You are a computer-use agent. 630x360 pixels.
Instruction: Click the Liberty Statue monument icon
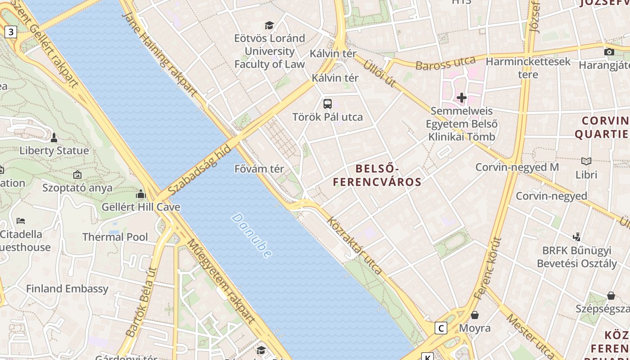[x=54, y=137]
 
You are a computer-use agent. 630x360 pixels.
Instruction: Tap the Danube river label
[x=252, y=235]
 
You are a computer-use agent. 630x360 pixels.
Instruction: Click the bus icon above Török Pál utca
[x=328, y=104]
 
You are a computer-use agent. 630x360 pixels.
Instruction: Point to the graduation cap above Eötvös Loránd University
[x=269, y=25]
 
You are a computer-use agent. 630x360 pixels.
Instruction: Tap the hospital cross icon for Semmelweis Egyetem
[x=461, y=98]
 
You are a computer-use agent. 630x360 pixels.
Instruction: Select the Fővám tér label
[x=259, y=169]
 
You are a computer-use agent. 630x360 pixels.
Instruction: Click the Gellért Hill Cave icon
[x=141, y=194]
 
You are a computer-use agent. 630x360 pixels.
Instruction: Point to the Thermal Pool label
[x=115, y=237]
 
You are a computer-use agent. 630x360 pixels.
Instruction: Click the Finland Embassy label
[x=67, y=289]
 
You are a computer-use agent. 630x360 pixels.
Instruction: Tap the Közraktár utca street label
[x=354, y=246]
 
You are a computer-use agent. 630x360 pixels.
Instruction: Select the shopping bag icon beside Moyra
[x=475, y=315]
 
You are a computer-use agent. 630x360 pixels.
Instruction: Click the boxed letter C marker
[x=441, y=328]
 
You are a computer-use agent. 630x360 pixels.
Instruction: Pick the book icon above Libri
[x=586, y=161]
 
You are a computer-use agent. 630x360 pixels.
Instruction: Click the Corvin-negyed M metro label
[x=517, y=167]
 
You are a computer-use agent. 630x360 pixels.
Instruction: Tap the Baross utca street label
[x=445, y=63]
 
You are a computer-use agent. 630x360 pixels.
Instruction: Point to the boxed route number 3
[x=11, y=32]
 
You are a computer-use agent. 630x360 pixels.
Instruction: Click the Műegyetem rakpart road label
[x=220, y=281]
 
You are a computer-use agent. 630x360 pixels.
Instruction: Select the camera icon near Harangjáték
[x=609, y=52]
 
